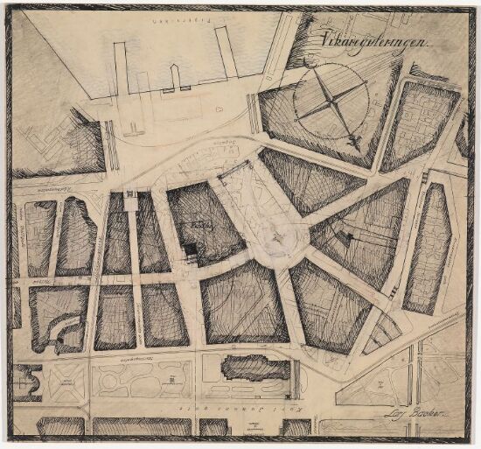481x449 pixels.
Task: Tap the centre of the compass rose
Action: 329,100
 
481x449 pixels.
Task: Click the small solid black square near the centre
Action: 190,252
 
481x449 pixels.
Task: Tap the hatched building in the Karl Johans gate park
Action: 254,367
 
